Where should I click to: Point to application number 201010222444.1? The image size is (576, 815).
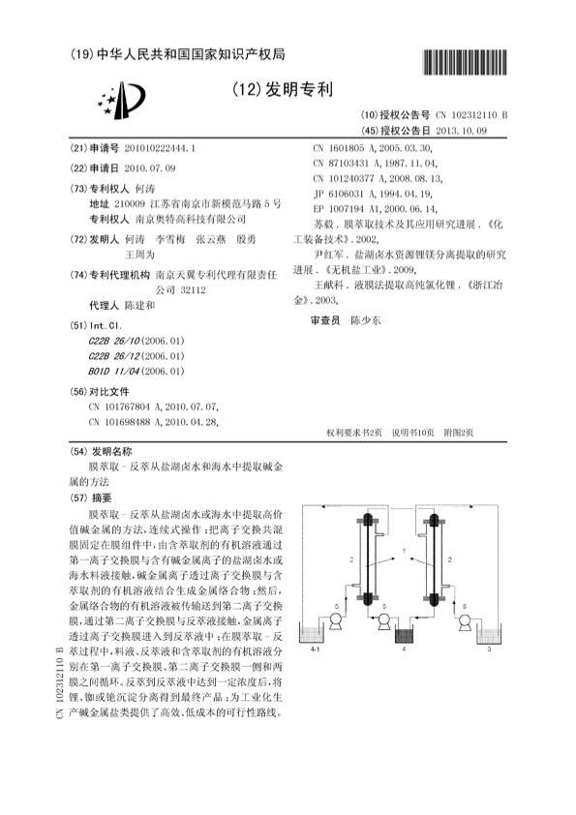click(x=153, y=149)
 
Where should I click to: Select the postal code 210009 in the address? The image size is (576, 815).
click(x=129, y=203)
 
